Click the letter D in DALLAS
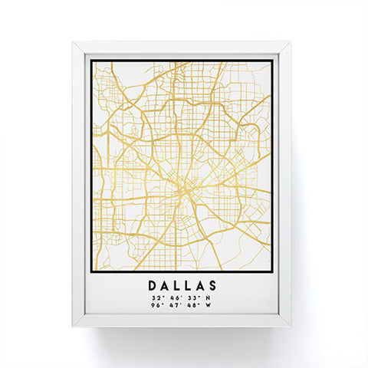click(x=152, y=284)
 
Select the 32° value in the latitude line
click(x=156, y=297)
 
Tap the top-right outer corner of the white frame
click(x=291, y=42)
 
